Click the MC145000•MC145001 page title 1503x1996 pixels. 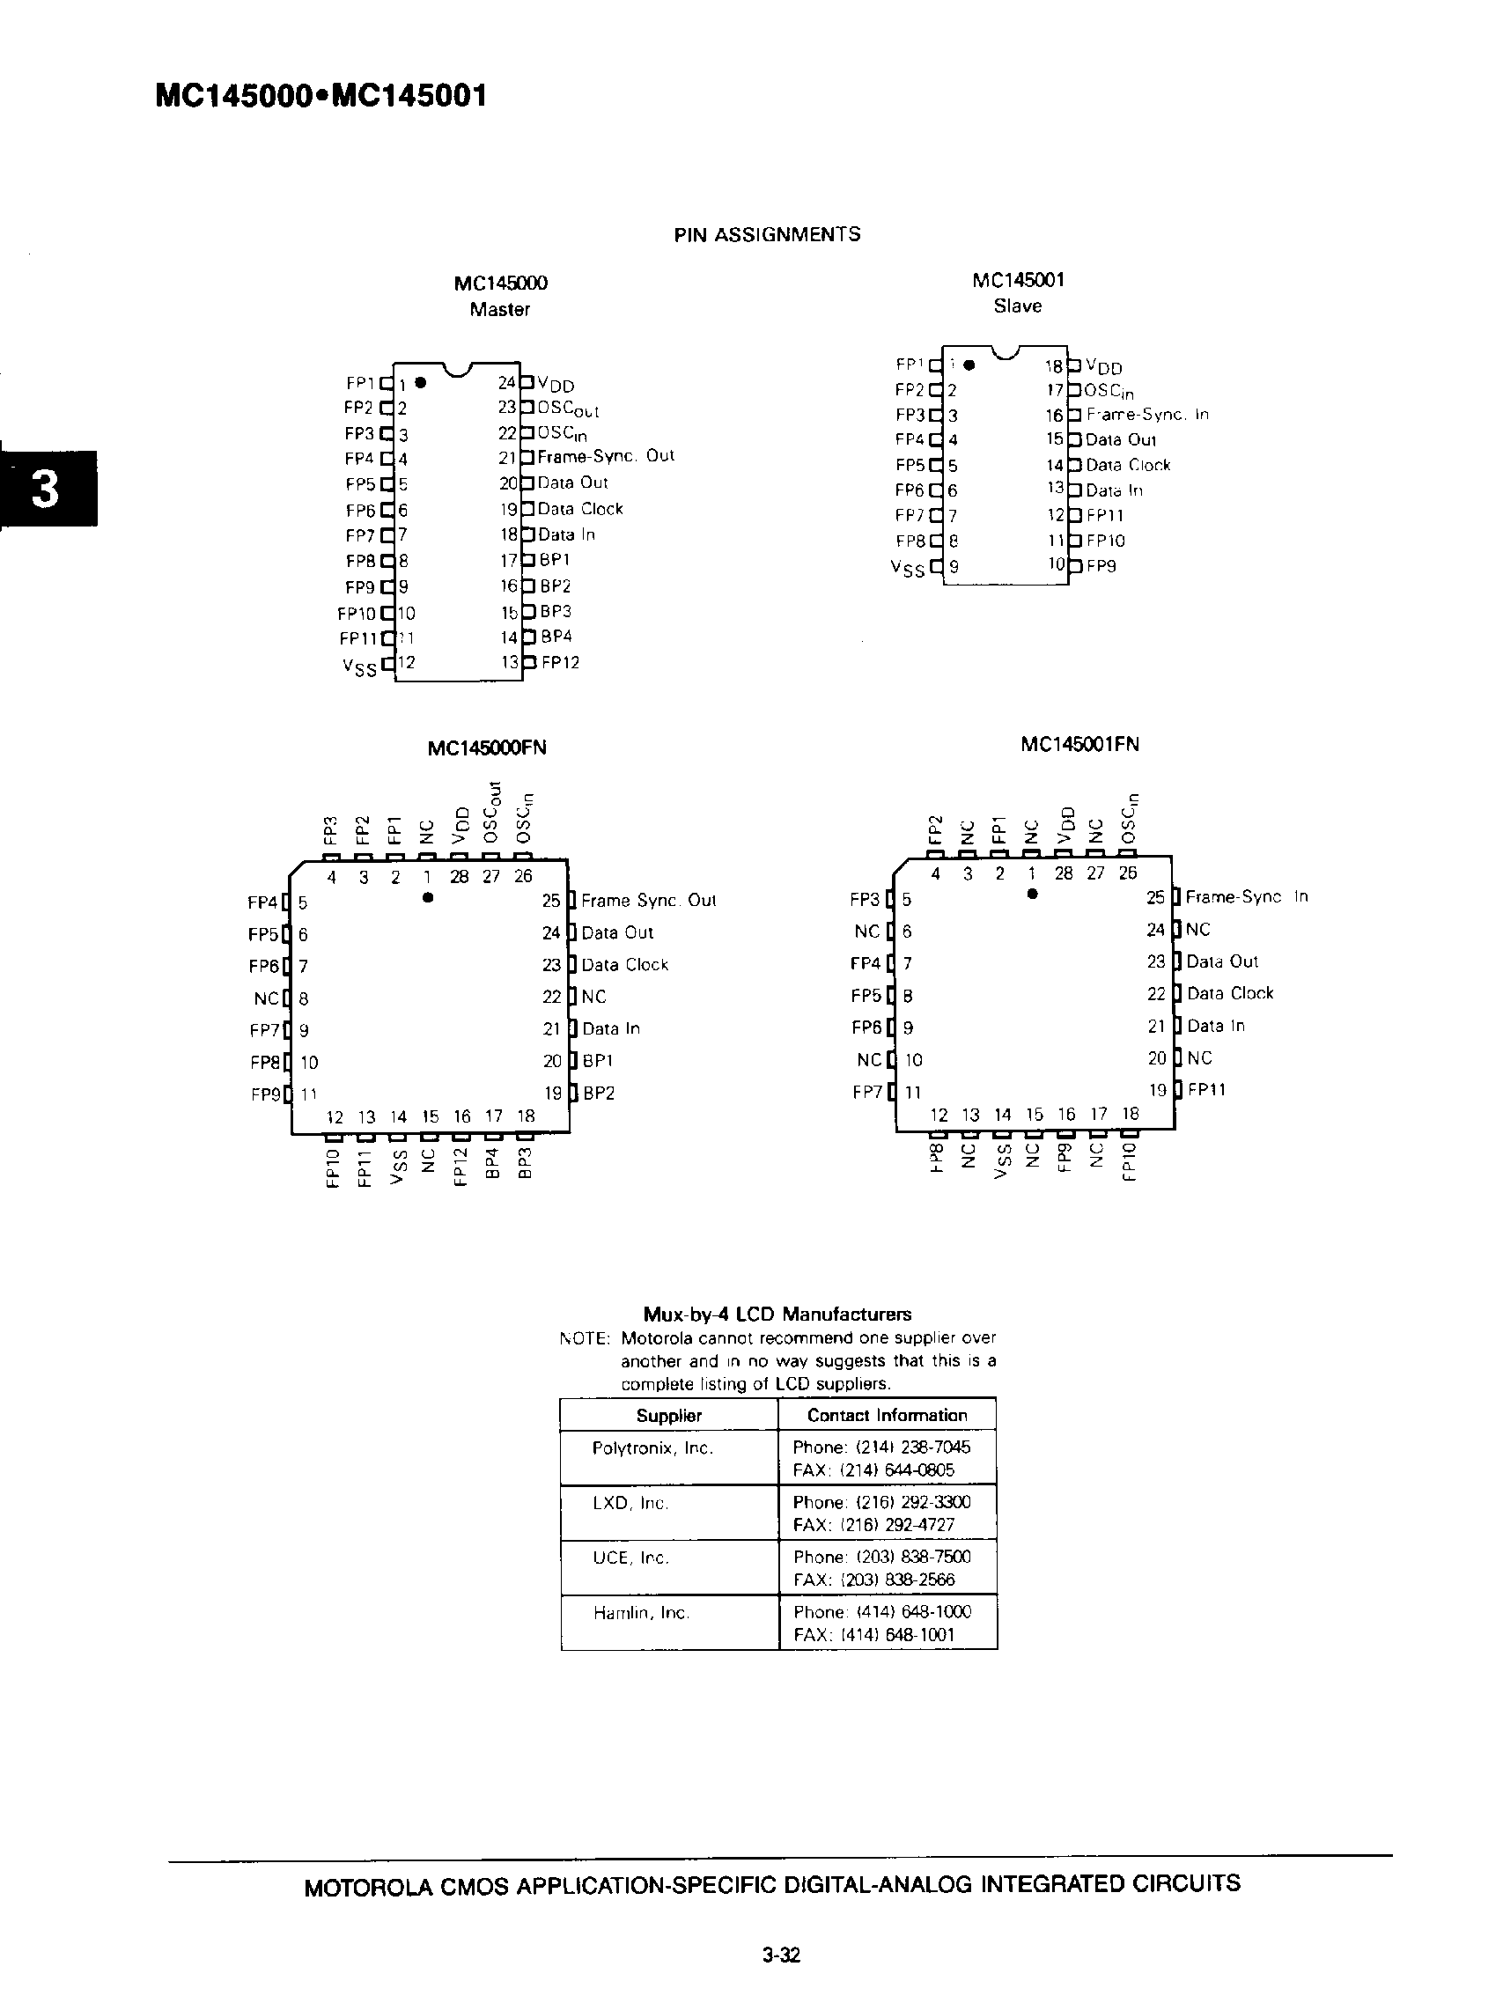click(x=321, y=96)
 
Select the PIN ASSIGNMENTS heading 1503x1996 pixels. click(x=767, y=234)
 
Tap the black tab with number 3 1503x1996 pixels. click(x=46, y=488)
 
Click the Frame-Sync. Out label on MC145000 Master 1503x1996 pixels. click(x=606, y=456)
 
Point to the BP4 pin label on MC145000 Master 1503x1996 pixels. click(x=556, y=637)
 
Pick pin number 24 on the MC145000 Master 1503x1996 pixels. click(x=507, y=383)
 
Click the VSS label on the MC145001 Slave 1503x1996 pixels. click(x=908, y=569)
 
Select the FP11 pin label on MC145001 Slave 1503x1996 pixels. click(x=1104, y=515)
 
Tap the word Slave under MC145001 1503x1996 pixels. click(x=1018, y=306)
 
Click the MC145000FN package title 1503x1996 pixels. click(x=487, y=748)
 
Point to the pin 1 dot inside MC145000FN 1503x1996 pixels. click(x=429, y=898)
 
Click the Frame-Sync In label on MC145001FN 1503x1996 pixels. click(x=1246, y=897)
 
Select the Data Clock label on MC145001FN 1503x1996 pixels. click(x=1230, y=993)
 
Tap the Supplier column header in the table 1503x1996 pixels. click(x=668, y=1416)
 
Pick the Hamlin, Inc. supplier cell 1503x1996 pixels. click(x=641, y=1613)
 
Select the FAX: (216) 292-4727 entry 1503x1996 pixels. click(x=873, y=1525)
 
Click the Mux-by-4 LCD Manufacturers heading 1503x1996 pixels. click(x=777, y=1315)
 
